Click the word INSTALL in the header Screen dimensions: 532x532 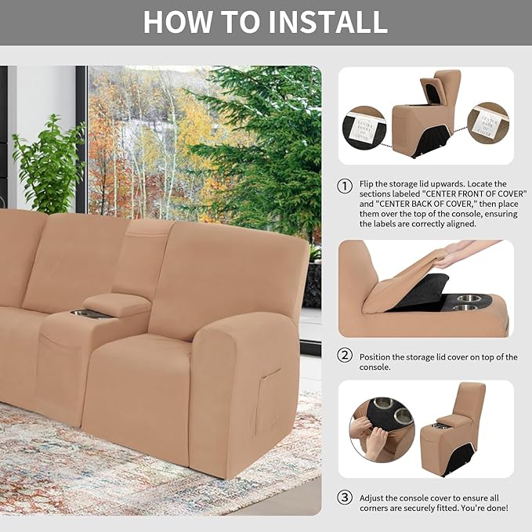click(328, 22)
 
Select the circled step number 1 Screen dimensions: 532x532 click(345, 186)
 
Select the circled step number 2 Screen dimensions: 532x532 click(345, 355)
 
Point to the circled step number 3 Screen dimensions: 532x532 click(345, 498)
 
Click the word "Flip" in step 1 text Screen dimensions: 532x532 click(367, 184)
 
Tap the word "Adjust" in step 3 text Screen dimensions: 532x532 click(372, 498)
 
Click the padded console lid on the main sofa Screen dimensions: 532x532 click(118, 304)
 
